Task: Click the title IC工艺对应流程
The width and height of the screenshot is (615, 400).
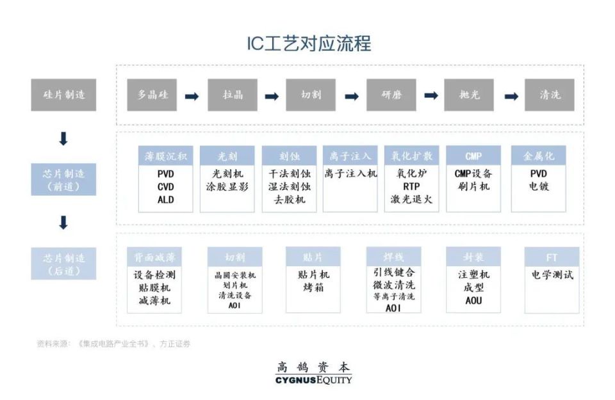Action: tap(309, 44)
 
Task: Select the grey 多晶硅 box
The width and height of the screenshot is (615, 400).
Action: tap(152, 95)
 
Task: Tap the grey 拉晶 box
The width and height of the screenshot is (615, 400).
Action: tap(232, 95)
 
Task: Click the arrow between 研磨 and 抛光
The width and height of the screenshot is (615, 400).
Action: tap(431, 95)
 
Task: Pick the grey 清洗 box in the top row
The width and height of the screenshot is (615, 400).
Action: tap(550, 95)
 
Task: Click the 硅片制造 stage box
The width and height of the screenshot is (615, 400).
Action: tap(63, 95)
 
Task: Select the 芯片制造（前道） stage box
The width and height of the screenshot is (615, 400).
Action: tap(63, 180)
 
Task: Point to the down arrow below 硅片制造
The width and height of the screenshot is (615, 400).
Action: tap(63, 138)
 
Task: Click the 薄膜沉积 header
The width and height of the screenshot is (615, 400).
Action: tap(165, 156)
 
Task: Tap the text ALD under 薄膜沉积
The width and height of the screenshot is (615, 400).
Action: tap(165, 200)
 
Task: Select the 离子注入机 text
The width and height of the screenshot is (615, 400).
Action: tap(350, 173)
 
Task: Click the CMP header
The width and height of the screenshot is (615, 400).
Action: tap(473, 156)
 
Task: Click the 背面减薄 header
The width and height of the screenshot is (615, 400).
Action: tap(154, 257)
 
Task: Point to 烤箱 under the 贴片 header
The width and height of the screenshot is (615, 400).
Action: tap(313, 287)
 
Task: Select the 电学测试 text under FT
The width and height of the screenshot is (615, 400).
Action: tap(552, 275)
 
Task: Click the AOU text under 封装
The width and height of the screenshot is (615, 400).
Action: tap(473, 300)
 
